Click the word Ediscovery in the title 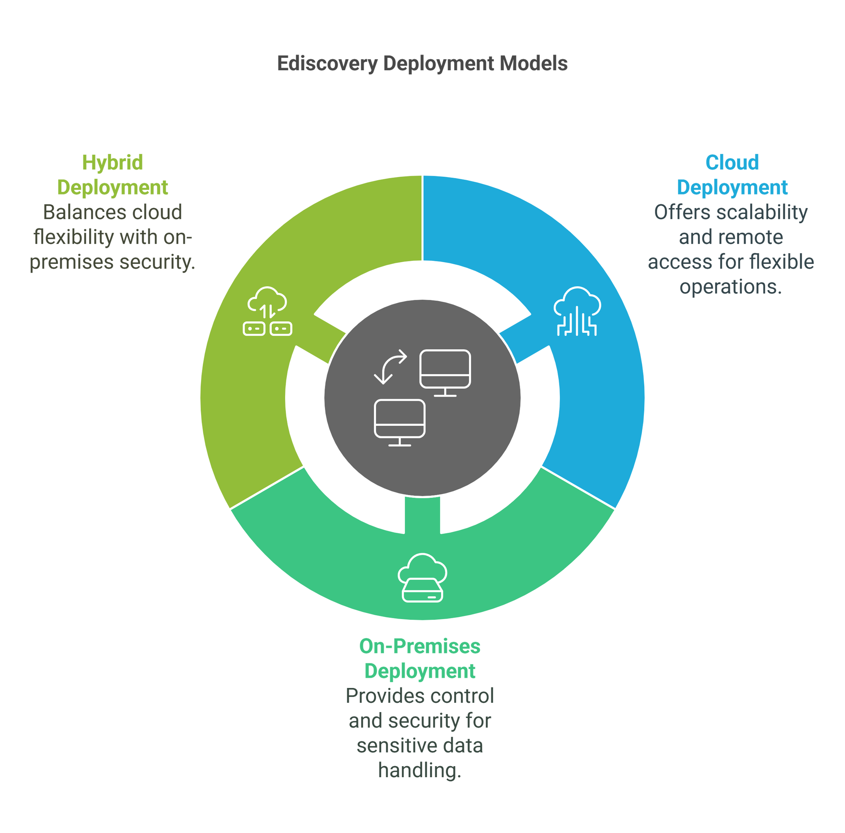327,64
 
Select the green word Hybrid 113,162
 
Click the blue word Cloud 732,162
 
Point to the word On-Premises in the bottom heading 420,647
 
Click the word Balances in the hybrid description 84,213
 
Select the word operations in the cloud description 731,288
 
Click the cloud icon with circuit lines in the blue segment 577,311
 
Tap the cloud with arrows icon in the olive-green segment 267,311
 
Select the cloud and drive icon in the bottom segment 422,578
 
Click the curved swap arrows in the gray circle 390,367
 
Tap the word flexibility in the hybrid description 73,238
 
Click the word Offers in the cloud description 682,213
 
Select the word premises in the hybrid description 72,263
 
